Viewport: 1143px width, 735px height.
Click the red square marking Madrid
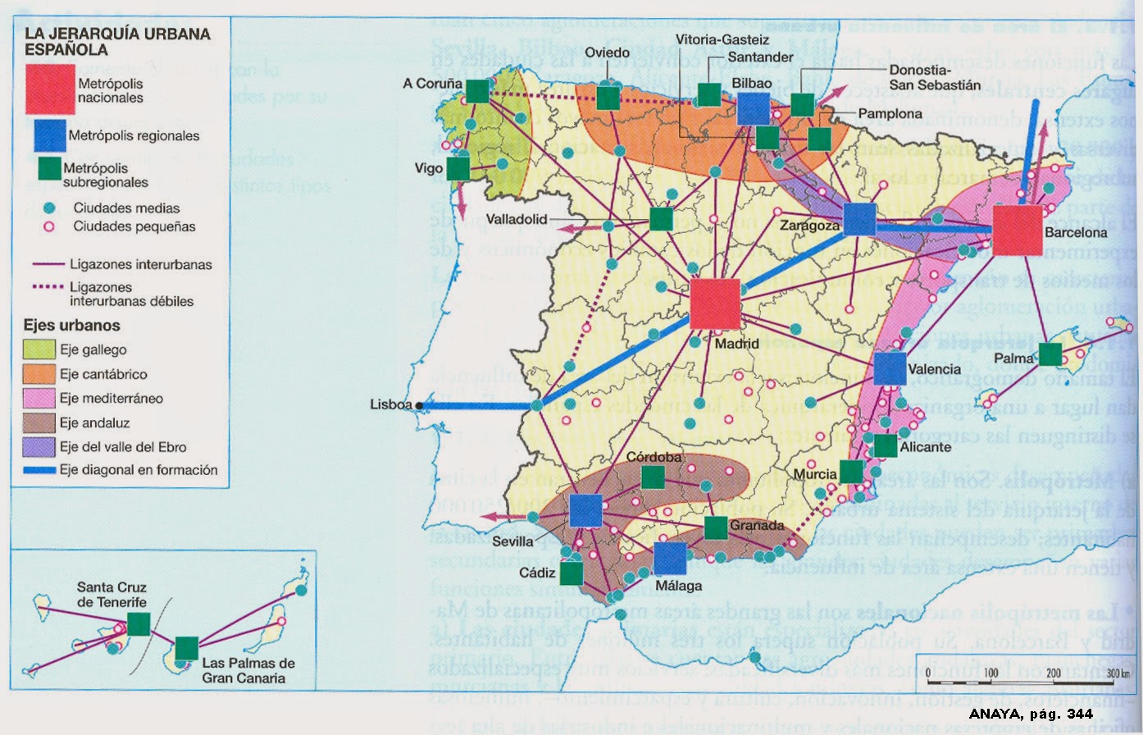pos(715,304)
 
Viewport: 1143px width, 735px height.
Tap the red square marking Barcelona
pos(1018,231)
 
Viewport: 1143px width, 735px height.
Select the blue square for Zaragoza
pos(859,219)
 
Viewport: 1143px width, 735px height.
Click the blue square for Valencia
pos(890,369)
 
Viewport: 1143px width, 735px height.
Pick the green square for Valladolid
pos(661,219)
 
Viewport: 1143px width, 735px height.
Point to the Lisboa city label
pos(390,404)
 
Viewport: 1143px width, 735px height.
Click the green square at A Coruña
pos(477,90)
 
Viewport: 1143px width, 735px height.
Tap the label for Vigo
pos(429,169)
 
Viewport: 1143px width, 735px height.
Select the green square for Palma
pos(1050,354)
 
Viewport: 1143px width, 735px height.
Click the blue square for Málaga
pos(670,559)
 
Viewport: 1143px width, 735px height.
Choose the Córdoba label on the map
pos(653,457)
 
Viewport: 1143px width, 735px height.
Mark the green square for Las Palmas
pos(187,648)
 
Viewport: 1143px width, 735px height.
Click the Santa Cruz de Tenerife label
pos(112,595)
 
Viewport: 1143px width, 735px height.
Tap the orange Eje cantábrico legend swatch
pos(39,374)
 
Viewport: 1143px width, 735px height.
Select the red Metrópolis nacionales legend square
pos(50,89)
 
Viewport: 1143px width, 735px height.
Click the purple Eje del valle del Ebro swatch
pos(39,447)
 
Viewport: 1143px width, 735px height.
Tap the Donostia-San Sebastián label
pos(935,78)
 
